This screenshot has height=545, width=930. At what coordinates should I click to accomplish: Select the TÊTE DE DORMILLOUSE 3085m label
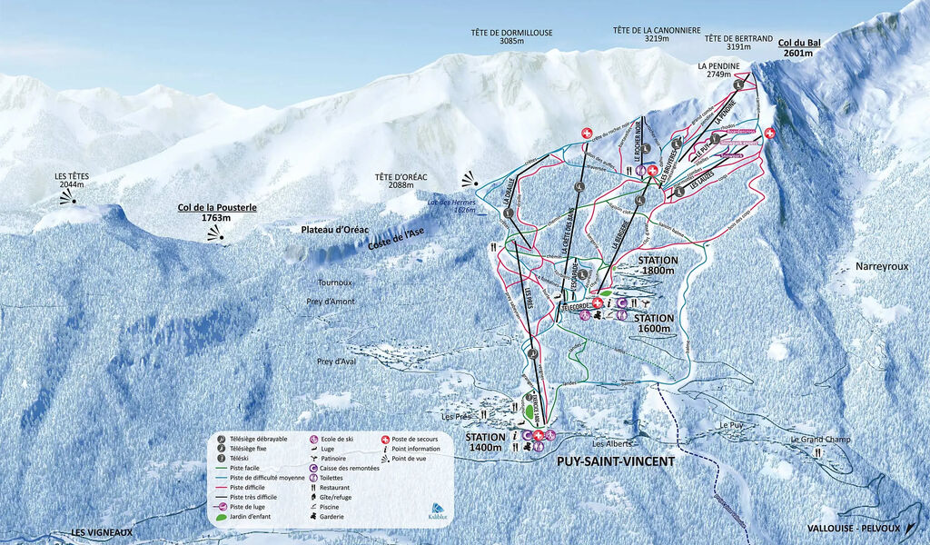(511, 36)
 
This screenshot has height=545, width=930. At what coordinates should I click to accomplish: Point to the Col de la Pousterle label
(217, 213)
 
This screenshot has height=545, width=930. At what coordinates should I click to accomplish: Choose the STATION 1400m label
(485, 441)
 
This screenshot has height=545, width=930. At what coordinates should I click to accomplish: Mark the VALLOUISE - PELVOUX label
(852, 528)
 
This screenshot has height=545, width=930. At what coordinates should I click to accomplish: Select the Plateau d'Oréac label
(335, 230)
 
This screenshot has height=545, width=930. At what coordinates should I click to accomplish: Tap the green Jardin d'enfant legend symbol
(221, 518)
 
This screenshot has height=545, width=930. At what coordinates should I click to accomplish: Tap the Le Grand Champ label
(819, 441)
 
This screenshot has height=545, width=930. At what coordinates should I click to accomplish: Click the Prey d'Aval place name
(336, 362)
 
